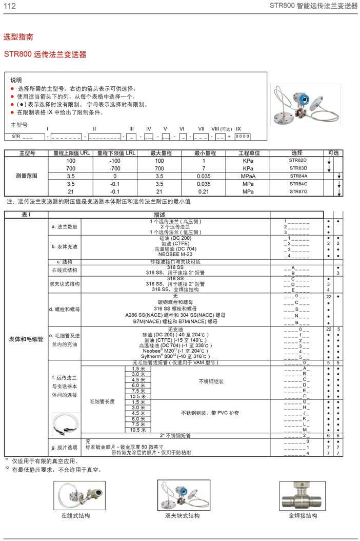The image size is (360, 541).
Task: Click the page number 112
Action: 10,6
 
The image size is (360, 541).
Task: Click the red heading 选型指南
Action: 19,37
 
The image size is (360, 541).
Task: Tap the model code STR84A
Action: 298,176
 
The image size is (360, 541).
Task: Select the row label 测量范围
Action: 27,176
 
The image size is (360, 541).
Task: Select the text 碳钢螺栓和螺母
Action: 175,302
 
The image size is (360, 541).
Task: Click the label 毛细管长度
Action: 103,401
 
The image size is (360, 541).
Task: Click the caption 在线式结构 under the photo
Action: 75,515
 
